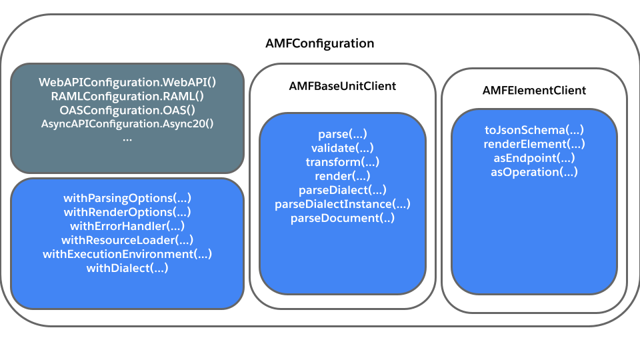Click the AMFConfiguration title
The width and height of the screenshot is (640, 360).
click(x=319, y=43)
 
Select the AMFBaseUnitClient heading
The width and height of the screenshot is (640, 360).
click(x=343, y=86)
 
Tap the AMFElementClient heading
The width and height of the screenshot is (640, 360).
click(x=534, y=90)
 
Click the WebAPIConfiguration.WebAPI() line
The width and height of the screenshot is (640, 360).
click(x=127, y=82)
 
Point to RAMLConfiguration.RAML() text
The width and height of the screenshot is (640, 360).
click(x=127, y=96)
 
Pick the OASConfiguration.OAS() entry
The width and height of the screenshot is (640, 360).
click(x=127, y=110)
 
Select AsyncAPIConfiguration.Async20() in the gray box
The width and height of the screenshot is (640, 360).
click(x=127, y=124)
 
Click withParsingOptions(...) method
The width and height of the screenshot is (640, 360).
click(x=127, y=198)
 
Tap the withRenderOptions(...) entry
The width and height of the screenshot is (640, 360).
click(x=127, y=212)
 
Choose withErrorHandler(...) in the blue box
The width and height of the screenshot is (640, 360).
click(x=127, y=226)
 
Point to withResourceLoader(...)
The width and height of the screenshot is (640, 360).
click(x=127, y=239)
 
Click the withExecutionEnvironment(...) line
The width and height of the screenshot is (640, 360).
click(x=127, y=254)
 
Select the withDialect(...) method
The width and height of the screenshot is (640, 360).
click(x=127, y=268)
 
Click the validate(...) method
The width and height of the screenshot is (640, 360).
click(x=343, y=148)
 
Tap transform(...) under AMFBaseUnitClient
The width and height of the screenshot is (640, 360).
click(x=343, y=161)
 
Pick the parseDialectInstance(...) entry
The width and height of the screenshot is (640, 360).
click(x=343, y=204)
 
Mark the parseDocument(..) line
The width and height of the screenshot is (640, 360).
click(x=343, y=218)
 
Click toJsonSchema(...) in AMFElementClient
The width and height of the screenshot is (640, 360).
click(x=534, y=130)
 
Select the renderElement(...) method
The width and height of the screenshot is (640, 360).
click(x=534, y=144)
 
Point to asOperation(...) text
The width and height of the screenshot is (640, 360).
click(x=534, y=172)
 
